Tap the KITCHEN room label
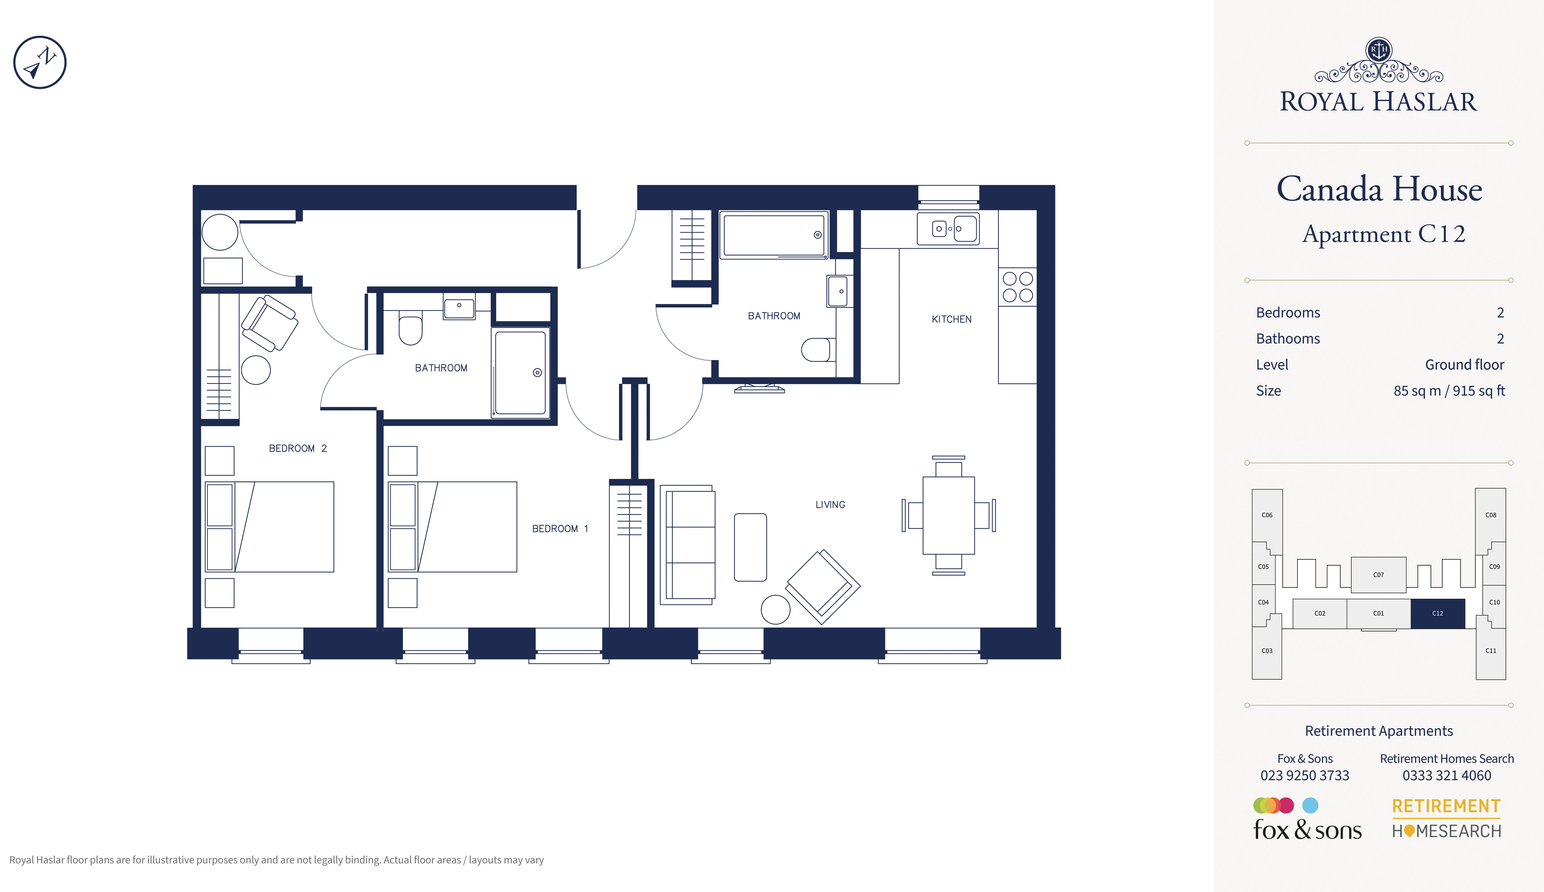pos(951,319)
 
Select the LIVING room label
pos(830,505)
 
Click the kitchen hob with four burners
pos(1018,287)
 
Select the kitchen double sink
pos(948,228)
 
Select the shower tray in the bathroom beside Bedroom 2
pos(520,372)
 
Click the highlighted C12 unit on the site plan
pos(1438,613)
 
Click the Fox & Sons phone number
pos(1304,776)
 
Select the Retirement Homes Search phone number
pos(1447,776)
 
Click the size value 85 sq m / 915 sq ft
pos(1449,391)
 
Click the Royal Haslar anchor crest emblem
pos(1379,50)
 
